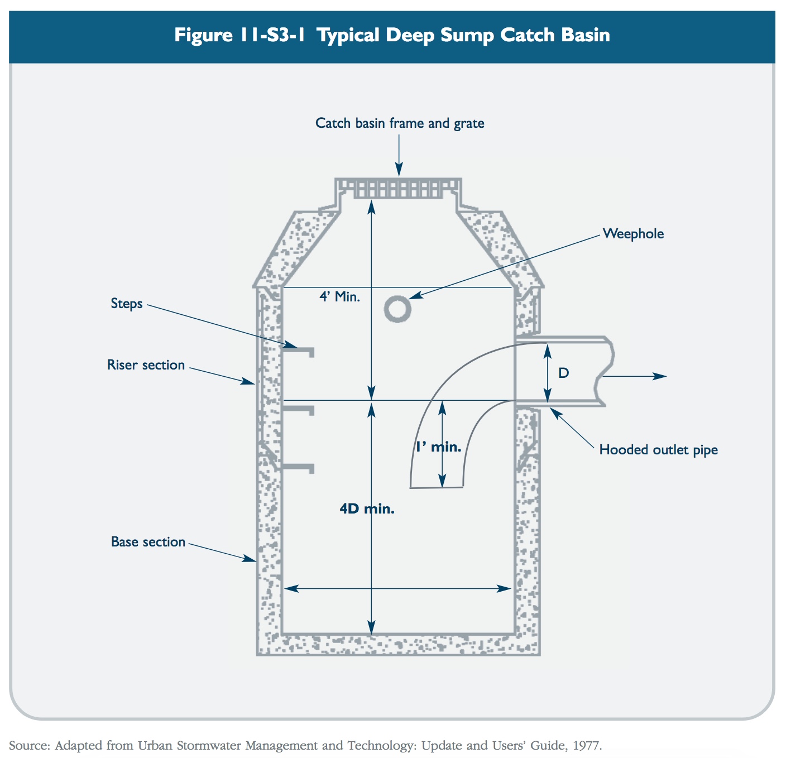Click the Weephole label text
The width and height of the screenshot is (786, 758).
pyautogui.click(x=633, y=234)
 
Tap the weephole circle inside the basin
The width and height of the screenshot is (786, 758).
pyautogui.click(x=397, y=308)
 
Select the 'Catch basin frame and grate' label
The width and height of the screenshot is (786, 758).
pyautogui.click(x=400, y=123)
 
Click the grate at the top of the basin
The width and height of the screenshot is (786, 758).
pyautogui.click(x=399, y=188)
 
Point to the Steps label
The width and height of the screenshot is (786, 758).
pyautogui.click(x=127, y=304)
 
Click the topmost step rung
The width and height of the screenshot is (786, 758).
pyautogui.click(x=299, y=352)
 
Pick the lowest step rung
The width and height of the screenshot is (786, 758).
pyautogui.click(x=299, y=467)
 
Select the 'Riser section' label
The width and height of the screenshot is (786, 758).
pyautogui.click(x=146, y=365)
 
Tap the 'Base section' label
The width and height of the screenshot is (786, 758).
pyautogui.click(x=148, y=542)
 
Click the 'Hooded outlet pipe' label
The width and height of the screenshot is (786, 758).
pyautogui.click(x=658, y=450)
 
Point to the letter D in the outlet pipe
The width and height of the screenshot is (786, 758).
pyautogui.click(x=564, y=373)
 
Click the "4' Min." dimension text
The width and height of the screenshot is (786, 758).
pyautogui.click(x=339, y=297)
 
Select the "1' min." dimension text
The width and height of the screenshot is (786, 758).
pyautogui.click(x=438, y=447)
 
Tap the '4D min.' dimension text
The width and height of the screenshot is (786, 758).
pyautogui.click(x=367, y=509)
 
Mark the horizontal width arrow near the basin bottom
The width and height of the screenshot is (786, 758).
pyautogui.click(x=397, y=588)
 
